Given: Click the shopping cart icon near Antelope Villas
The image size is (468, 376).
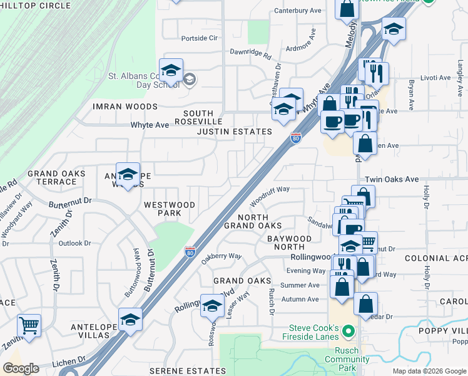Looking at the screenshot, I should [29, 326].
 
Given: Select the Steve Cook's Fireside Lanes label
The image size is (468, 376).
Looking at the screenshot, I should [313, 333].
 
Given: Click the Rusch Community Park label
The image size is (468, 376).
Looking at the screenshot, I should [347, 363].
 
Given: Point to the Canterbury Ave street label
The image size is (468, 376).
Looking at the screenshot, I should [298, 11].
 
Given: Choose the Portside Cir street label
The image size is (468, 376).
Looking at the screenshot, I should [199, 38].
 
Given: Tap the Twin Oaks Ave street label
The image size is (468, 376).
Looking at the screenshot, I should [392, 179].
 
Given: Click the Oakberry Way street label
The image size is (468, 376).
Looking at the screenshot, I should [221, 256].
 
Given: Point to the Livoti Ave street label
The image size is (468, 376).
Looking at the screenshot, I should [435, 78].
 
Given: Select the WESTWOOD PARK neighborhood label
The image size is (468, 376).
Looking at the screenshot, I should [170, 209].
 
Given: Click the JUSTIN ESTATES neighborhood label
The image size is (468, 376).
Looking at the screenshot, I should [235, 132].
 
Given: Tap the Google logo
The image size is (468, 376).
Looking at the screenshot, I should [21, 368].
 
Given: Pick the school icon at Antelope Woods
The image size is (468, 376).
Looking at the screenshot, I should [128, 176].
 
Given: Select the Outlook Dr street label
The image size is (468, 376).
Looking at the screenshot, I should [75, 243].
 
